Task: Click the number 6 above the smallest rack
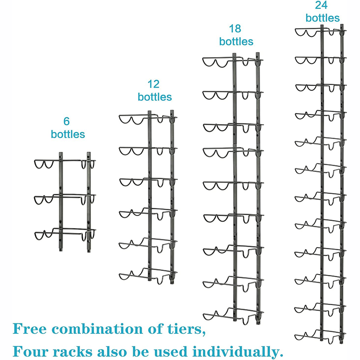(67, 121)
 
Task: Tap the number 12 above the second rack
(153, 84)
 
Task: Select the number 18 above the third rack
(235, 29)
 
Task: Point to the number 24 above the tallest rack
(321, 5)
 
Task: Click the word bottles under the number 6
(68, 134)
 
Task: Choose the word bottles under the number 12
(155, 97)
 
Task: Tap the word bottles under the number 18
(236, 41)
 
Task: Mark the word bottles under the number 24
(323, 18)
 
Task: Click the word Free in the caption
(30, 329)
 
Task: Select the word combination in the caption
(97, 329)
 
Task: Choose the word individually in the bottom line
(238, 352)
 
